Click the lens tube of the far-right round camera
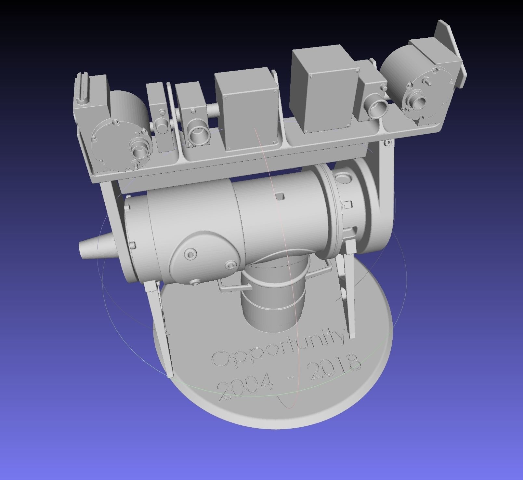point(418,102)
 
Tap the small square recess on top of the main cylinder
point(279,197)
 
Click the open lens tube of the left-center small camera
point(198,133)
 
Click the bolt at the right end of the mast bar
point(387,142)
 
